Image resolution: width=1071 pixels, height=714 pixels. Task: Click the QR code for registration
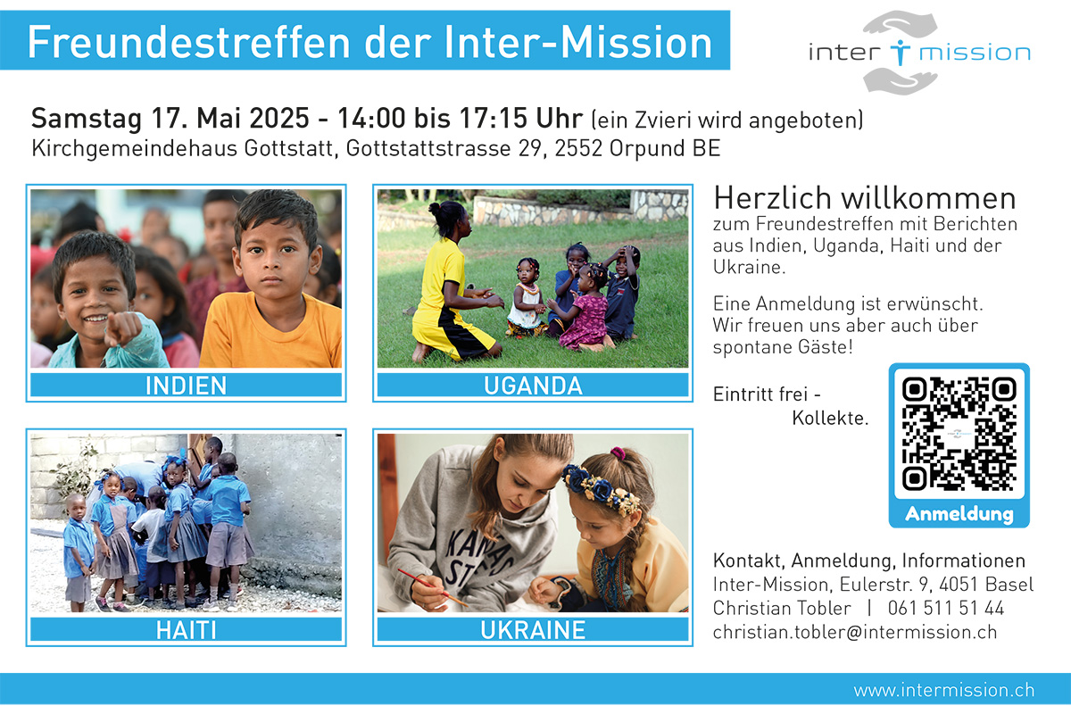tap(959, 434)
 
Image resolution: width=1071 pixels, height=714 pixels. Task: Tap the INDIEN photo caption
tap(186, 386)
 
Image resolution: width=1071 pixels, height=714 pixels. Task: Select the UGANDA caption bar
tap(533, 386)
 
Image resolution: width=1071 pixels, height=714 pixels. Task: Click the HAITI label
tap(186, 630)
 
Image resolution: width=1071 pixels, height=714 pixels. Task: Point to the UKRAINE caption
tap(533, 630)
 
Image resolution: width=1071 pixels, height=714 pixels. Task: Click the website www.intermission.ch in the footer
tap(944, 690)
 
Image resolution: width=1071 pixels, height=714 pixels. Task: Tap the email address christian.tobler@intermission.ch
tap(855, 632)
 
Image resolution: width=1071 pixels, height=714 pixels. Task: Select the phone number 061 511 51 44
tap(946, 609)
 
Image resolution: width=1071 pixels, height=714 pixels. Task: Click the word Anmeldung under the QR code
tap(959, 514)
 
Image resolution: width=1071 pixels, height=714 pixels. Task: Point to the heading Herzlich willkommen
tap(865, 198)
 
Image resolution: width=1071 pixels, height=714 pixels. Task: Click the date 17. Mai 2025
tap(230, 118)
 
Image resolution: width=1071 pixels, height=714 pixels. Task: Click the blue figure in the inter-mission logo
tap(900, 52)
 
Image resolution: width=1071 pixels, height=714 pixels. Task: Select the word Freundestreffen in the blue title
tap(189, 42)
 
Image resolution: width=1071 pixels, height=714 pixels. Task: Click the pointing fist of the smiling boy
tap(123, 329)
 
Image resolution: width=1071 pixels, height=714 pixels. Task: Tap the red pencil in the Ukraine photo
tap(433, 587)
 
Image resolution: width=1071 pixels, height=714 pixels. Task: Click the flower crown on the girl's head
tap(601, 488)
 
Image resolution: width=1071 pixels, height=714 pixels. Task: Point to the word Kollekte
tap(830, 418)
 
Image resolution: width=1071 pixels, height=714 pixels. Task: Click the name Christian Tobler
tap(782, 609)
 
